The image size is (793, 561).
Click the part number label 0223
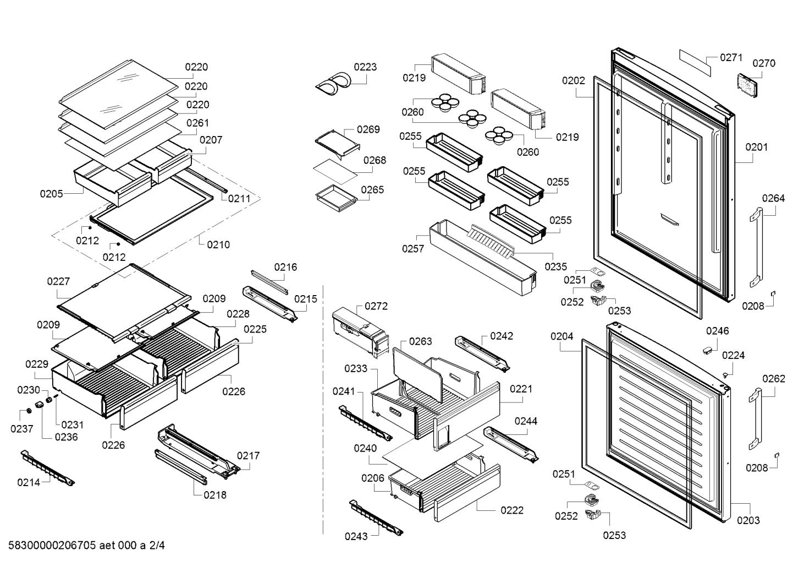coord(365,67)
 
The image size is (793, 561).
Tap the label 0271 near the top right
coord(731,57)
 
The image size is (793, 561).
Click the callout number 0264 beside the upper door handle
coord(773,198)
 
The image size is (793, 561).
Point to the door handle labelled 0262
coord(755,419)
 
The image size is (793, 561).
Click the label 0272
coord(376,306)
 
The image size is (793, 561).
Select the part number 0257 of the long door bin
coord(412,249)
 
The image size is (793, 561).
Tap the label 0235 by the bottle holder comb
coord(555,266)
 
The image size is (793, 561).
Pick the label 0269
coord(368,129)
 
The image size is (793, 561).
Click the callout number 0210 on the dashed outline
coord(218,244)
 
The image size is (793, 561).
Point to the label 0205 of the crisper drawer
coord(51,194)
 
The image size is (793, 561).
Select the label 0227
coord(58,281)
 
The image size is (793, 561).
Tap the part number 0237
coord(21,429)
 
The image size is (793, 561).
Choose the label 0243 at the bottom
coord(356,536)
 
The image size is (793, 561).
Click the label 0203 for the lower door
coord(748,520)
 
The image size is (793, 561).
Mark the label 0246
coord(717,331)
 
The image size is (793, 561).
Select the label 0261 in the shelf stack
coord(197,123)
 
